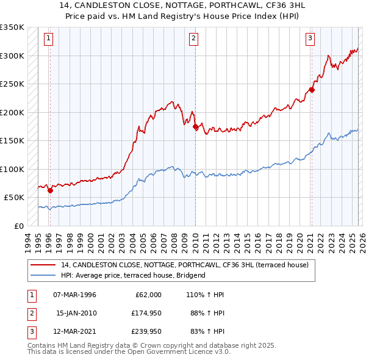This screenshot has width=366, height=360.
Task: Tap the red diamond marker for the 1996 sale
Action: [50, 190]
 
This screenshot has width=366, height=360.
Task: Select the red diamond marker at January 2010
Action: [195, 127]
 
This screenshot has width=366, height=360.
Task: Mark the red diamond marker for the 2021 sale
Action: [311, 90]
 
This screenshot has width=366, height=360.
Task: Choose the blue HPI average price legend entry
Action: [134, 275]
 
